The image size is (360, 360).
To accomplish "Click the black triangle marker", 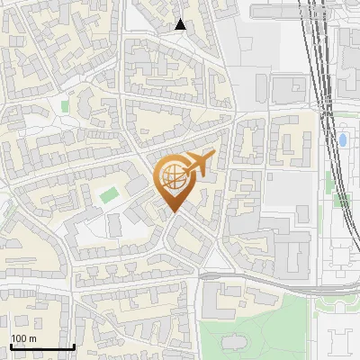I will click(x=180, y=24).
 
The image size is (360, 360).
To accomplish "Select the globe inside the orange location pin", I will click(x=173, y=178).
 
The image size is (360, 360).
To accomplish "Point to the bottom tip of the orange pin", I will click(x=174, y=212).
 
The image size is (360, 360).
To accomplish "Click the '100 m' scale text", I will click(x=23, y=338).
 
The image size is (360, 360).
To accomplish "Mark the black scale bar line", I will click(x=41, y=346).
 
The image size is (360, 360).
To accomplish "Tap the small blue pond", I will click(x=343, y=140).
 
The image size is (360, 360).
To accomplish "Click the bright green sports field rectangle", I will click(x=109, y=194).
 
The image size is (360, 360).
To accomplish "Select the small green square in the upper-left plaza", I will click(x=64, y=106).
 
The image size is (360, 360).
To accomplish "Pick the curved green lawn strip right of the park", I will click(x=316, y=315).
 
